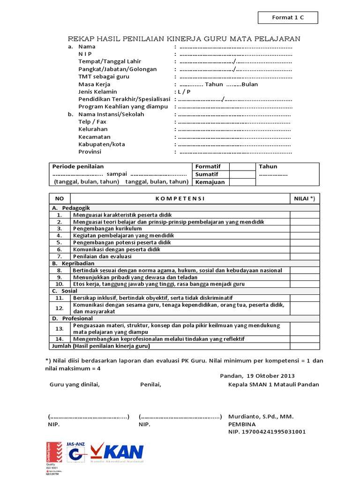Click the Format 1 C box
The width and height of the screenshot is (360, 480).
pyautogui.click(x=288, y=18)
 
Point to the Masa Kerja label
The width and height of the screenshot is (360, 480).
pyautogui.click(x=94, y=84)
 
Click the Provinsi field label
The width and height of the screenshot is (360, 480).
pyautogui.click(x=90, y=152)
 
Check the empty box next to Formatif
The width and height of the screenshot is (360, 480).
pyautogui.click(x=242, y=166)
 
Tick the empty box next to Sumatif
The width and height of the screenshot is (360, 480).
pyautogui.click(x=242, y=174)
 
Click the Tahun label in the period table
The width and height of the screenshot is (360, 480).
pyautogui.click(x=268, y=166)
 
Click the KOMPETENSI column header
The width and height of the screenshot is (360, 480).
pyautogui.click(x=180, y=199)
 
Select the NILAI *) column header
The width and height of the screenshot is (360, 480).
pyautogui.click(x=304, y=199)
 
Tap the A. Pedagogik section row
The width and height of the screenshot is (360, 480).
pyautogui.click(x=71, y=208)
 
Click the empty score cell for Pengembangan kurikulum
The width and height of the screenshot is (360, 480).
pyautogui.click(x=304, y=229)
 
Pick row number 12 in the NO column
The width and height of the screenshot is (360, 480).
pyautogui.click(x=60, y=308)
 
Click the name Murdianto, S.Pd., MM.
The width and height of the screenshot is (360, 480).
pyautogui.click(x=261, y=417)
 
